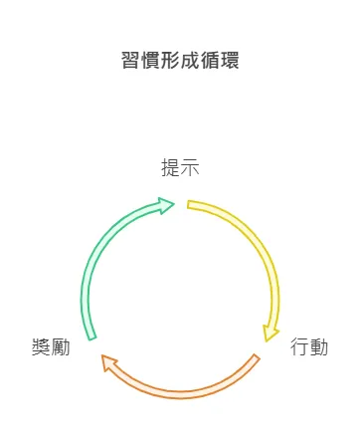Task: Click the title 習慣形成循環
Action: pos(179,61)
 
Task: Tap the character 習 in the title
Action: pos(130,61)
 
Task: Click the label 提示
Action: pos(180,167)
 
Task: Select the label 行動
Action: pos(309,347)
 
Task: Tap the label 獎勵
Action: pos(51,347)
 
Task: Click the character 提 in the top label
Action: pos(170,167)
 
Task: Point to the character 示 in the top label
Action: pos(190,167)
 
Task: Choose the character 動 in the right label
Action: pos(319,347)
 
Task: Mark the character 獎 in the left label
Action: pos(41,347)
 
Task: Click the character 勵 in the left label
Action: pos(61,347)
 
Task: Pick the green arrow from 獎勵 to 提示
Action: pos(104,244)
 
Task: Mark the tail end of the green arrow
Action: pos(91,336)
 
